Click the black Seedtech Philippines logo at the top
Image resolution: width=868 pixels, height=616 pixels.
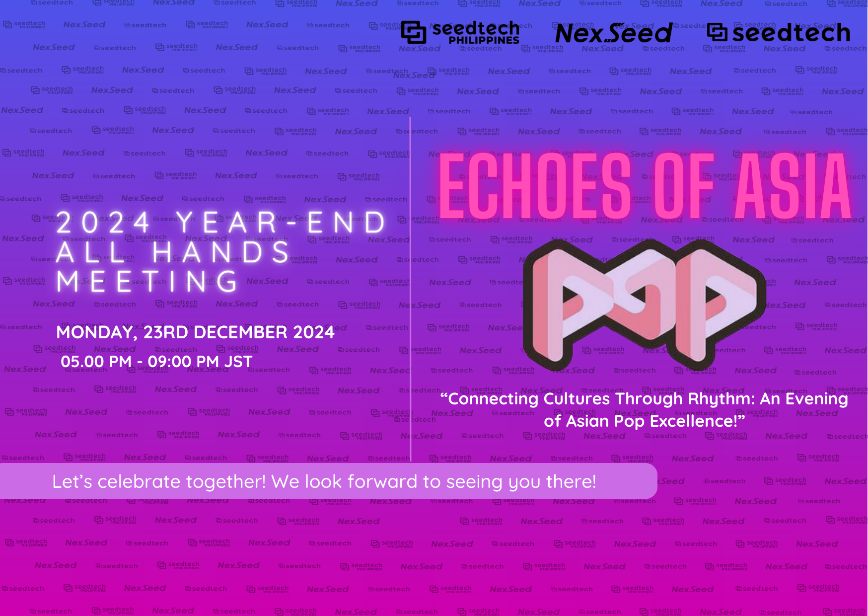click(460, 33)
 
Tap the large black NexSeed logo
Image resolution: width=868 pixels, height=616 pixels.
click(614, 33)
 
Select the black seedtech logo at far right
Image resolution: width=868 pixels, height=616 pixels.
click(779, 33)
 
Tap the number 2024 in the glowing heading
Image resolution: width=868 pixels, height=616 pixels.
click(103, 222)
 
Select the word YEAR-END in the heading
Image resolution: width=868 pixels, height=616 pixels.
click(281, 222)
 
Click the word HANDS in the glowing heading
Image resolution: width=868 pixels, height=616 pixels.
click(221, 251)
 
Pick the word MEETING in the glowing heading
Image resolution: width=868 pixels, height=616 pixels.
click(147, 281)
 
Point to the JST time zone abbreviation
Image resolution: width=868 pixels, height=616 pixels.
click(238, 362)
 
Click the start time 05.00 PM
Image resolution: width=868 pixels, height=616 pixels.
click(96, 362)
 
